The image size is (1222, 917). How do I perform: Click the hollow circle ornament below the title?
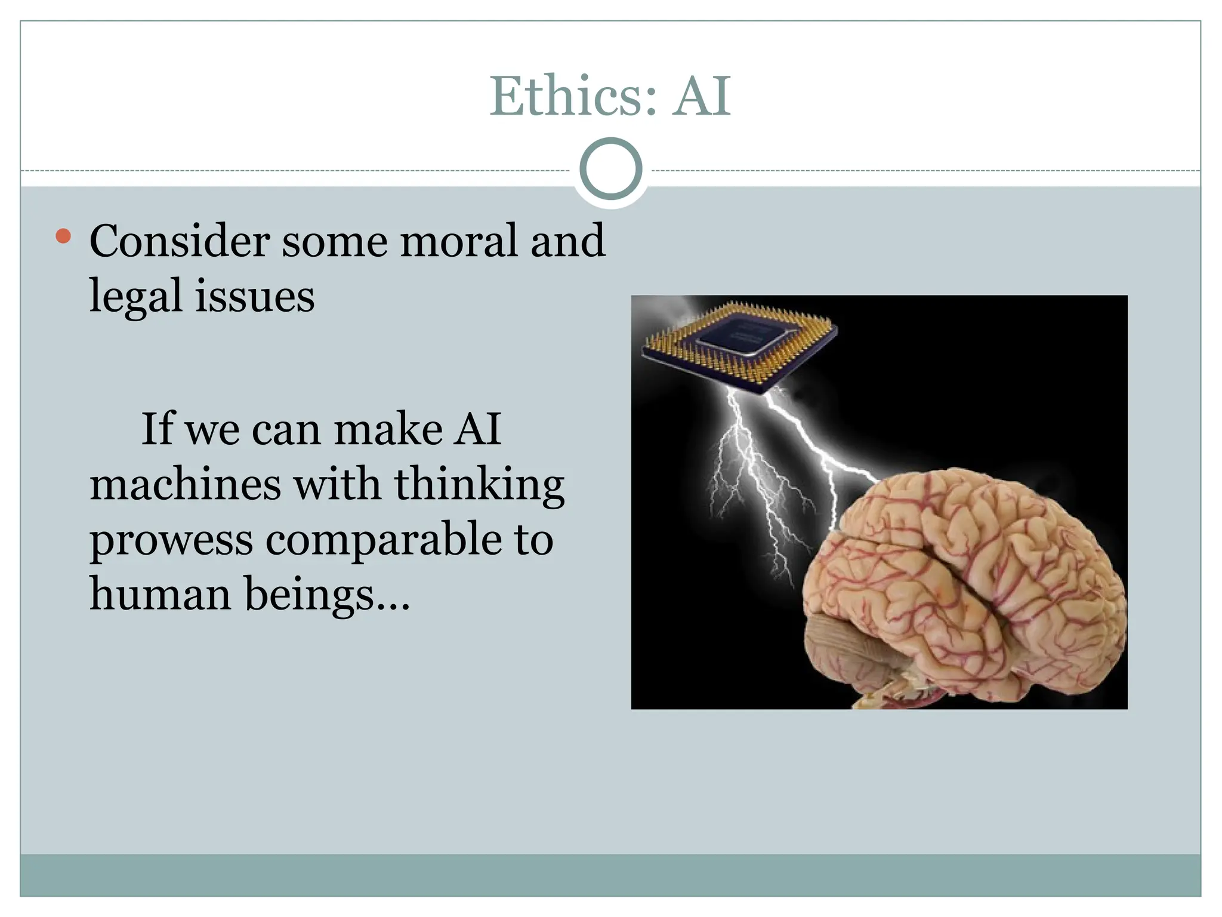tap(610, 169)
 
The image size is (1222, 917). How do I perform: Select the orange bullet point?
tap(63, 236)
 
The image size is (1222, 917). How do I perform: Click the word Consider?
tap(180, 241)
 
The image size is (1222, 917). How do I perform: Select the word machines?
tap(185, 484)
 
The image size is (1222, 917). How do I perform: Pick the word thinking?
tap(479, 485)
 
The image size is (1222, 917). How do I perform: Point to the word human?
tap(160, 594)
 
